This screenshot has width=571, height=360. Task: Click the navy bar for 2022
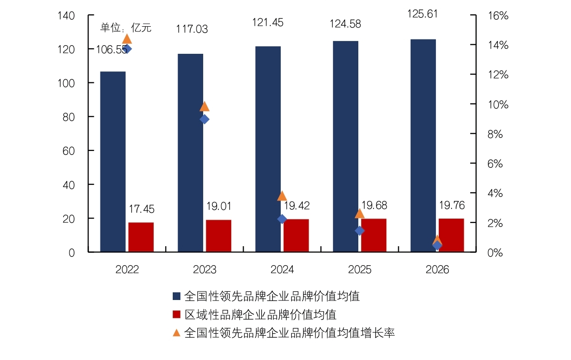pyautogui.click(x=113, y=162)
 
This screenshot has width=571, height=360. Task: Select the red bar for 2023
pyautogui.click(x=219, y=236)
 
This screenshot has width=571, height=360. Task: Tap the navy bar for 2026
pyautogui.click(x=423, y=146)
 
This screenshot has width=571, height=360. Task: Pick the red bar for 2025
pyautogui.click(x=374, y=235)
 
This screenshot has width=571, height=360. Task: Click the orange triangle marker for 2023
pyautogui.click(x=205, y=107)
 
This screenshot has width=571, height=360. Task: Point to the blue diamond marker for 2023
pyautogui.click(x=205, y=119)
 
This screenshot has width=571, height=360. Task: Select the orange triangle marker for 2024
pyautogui.click(x=282, y=196)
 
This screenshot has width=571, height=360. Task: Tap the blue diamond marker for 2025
pyautogui.click(x=359, y=230)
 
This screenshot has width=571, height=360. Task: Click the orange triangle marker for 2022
pyautogui.click(x=127, y=40)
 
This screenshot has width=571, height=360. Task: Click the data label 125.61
pyautogui.click(x=423, y=14)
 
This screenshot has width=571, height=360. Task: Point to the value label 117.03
pyautogui.click(x=192, y=29)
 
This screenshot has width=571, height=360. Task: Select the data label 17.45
pyautogui.click(x=141, y=209)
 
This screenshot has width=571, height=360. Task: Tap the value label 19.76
pyautogui.click(x=452, y=205)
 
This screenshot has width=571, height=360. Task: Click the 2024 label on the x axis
pyautogui.click(x=282, y=270)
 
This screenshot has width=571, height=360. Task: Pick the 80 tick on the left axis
pyautogui.click(x=69, y=117)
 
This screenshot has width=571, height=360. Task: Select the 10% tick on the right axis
pyautogui.click(x=498, y=105)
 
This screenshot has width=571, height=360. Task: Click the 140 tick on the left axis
pyautogui.click(x=66, y=16)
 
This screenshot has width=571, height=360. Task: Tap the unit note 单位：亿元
pyautogui.click(x=126, y=28)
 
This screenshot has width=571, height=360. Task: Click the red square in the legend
pyautogui.click(x=177, y=314)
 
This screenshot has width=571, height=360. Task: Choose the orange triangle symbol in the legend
pyautogui.click(x=177, y=333)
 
